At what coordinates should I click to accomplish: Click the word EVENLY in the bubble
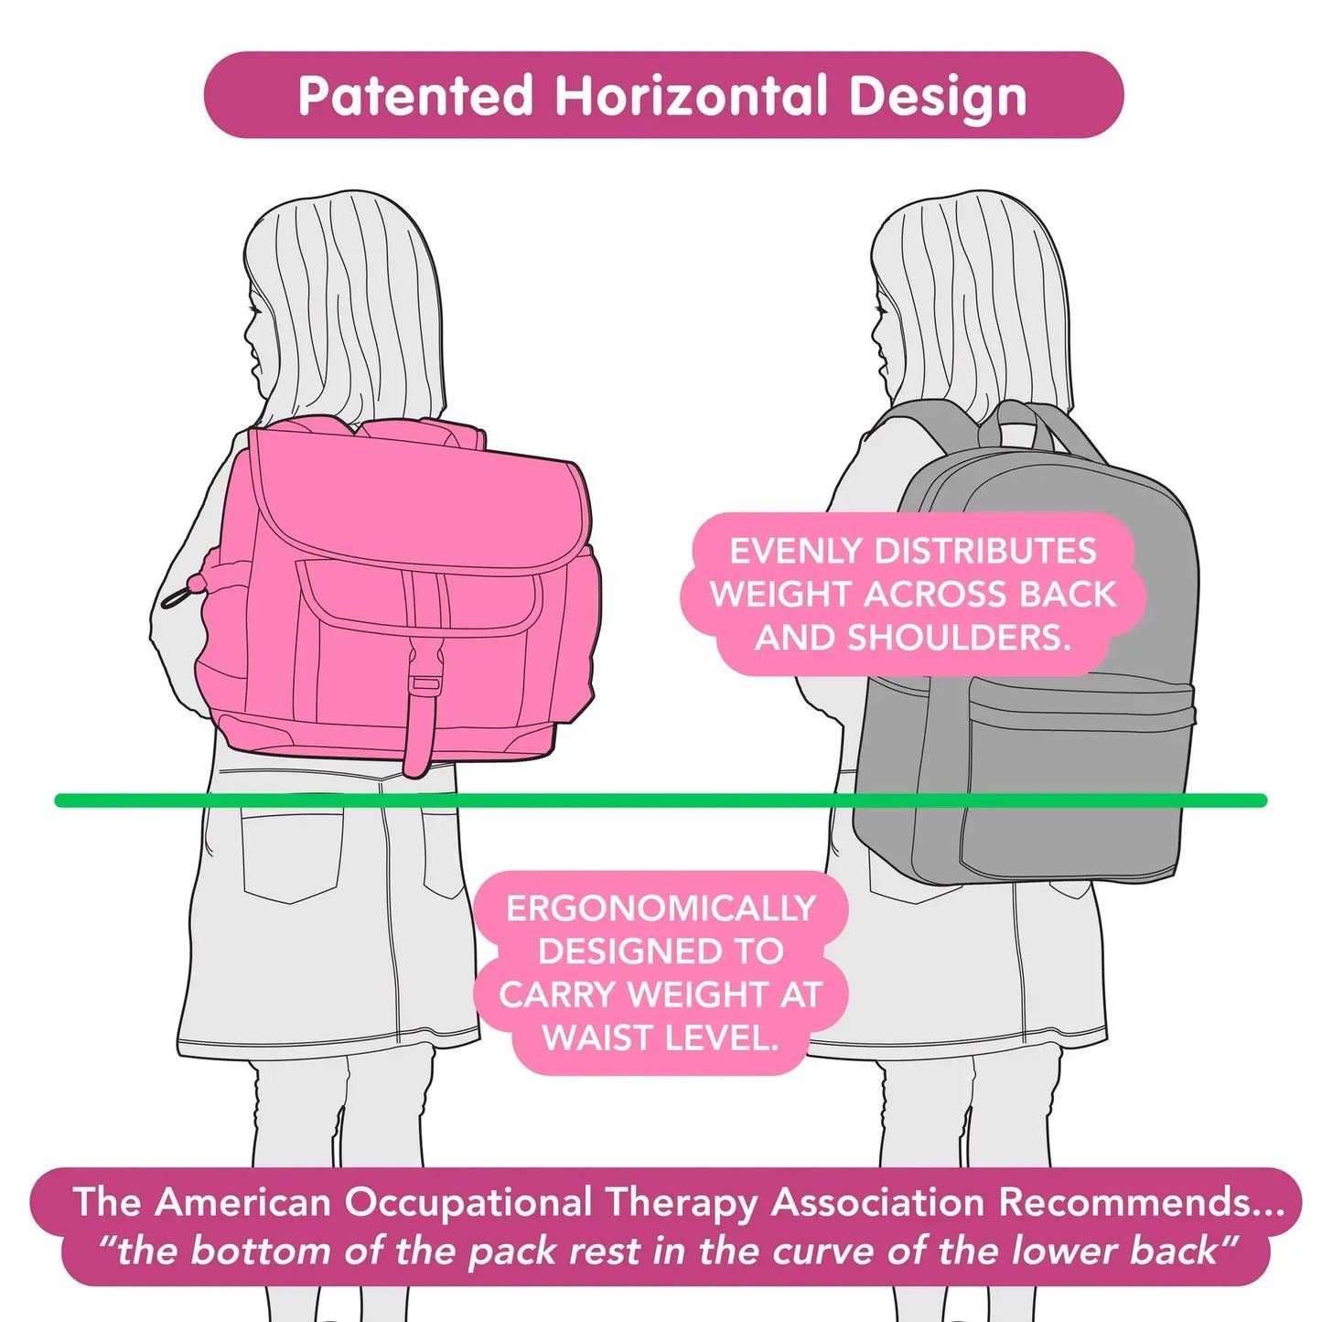(796, 551)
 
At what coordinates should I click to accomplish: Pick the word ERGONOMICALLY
(661, 908)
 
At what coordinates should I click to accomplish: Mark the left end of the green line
(60, 801)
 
